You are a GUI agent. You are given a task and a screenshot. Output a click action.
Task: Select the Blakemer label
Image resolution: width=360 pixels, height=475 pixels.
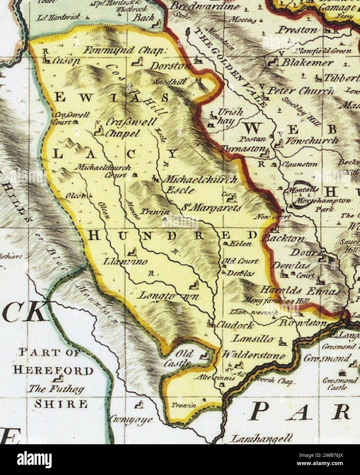[307, 63]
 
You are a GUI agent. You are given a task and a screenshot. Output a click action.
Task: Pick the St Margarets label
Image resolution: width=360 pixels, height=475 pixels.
[214, 207]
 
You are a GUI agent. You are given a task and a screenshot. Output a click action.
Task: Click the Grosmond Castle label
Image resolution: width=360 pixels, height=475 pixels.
[337, 384]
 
